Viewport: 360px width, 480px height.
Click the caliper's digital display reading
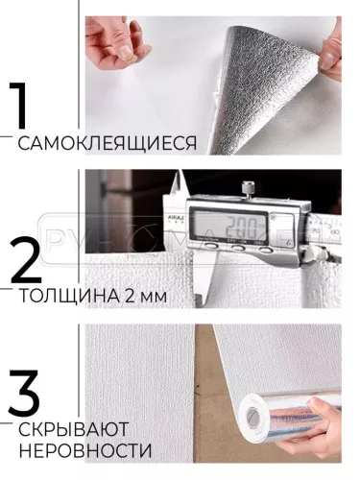pyautogui.click(x=234, y=228)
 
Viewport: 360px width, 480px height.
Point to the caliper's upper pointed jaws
pyautogui.click(x=178, y=192)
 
